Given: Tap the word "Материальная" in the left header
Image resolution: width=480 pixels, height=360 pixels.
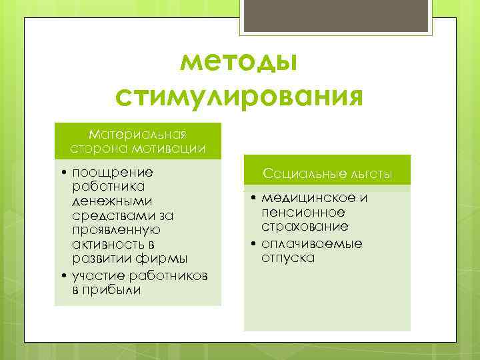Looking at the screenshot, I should [137, 135].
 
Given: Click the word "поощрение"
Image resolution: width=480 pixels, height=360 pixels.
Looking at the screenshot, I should [113, 172].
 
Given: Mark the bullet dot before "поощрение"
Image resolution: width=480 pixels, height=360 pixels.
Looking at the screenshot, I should [62, 173].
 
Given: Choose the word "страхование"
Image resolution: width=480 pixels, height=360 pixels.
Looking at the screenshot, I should [305, 227].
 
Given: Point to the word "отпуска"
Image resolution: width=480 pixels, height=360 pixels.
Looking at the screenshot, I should [288, 257].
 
